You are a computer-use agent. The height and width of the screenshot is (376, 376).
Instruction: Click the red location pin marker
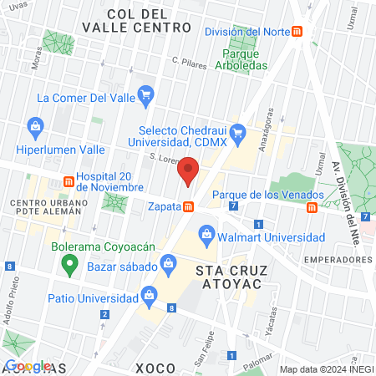pyautogui.click(x=188, y=171)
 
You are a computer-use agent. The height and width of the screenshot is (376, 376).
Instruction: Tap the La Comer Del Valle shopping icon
pyautogui.click(x=147, y=94)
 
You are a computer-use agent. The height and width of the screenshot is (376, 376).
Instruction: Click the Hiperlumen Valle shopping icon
pyautogui.click(x=35, y=127)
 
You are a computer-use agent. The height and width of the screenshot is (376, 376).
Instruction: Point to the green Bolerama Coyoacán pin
pyautogui.click(x=69, y=267)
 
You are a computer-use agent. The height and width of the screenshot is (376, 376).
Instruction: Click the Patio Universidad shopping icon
pyautogui.click(x=150, y=293)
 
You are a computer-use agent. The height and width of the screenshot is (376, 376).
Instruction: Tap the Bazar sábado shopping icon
pyautogui.click(x=168, y=266)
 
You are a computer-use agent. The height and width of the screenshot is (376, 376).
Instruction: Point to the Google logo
pyautogui.click(x=28, y=366)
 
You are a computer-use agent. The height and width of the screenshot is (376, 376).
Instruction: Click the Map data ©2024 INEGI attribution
pyautogui.click(x=325, y=368)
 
